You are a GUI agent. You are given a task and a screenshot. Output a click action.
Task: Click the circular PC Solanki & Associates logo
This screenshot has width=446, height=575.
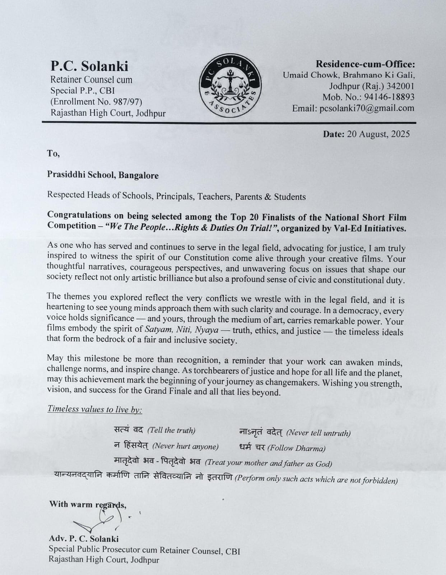click(x=230, y=86)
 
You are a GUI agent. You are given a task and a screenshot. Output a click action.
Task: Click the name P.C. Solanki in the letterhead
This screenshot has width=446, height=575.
click(x=89, y=66)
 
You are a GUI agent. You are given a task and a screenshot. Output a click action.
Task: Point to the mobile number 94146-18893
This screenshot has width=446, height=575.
click(x=389, y=97)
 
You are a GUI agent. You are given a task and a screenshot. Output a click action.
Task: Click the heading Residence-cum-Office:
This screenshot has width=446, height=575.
click(x=365, y=64)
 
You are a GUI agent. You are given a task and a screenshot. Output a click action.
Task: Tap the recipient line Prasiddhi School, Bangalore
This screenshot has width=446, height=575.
click(x=103, y=175)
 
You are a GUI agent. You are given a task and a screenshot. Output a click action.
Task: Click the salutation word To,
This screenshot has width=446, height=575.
click(x=53, y=153)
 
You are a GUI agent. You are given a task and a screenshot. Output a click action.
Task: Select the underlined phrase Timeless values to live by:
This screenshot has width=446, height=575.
click(x=95, y=409)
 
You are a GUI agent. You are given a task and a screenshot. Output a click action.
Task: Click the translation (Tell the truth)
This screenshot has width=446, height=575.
click(x=171, y=430)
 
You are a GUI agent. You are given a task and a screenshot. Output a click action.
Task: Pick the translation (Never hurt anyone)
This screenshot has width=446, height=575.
click(x=185, y=446)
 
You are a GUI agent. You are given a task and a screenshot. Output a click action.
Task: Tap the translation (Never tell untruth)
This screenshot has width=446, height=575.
click(x=318, y=433)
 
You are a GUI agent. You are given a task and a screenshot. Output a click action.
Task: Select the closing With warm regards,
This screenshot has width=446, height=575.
click(x=88, y=504)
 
